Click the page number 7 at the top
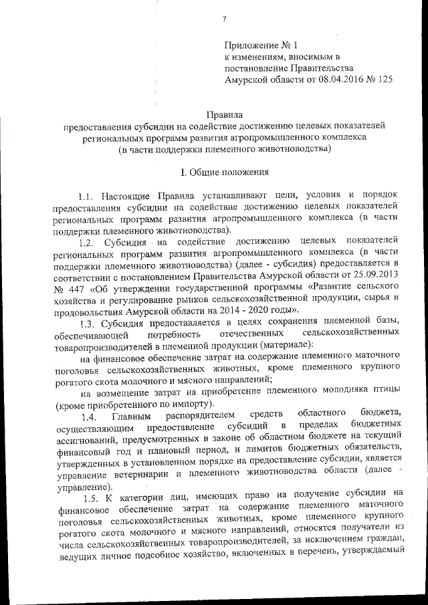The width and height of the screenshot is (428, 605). coord(224,18)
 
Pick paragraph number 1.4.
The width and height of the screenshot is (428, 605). coord(90,418)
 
